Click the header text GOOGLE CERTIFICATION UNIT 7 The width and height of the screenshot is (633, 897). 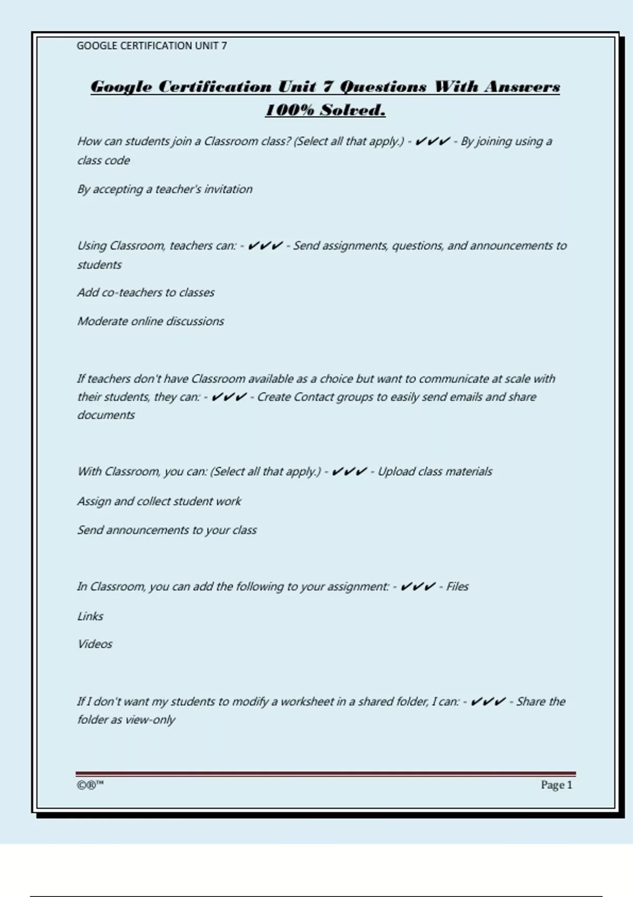(151, 46)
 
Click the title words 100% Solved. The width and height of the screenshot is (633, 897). (325, 110)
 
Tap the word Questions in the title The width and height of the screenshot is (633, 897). (383, 87)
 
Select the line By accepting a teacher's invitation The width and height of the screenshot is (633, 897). (165, 189)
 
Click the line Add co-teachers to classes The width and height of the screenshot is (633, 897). (146, 292)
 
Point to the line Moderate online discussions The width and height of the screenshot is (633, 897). (150, 321)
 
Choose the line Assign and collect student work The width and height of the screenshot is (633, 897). (159, 501)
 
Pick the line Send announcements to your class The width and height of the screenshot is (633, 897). (167, 530)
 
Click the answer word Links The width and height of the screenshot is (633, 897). (90, 616)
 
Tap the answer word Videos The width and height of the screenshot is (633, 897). (95, 644)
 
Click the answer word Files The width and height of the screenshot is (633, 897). (457, 586)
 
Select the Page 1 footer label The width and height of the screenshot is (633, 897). (556, 785)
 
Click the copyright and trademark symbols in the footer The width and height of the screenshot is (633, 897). (90, 785)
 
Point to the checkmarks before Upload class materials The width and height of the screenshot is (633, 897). (349, 471)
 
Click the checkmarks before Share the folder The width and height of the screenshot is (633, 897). (487, 701)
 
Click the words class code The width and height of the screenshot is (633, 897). (103, 160)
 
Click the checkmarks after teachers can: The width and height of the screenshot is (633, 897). (265, 245)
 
